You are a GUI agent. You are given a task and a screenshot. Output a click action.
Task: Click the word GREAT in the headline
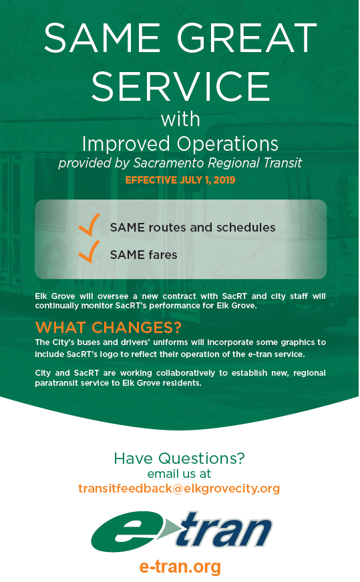246,37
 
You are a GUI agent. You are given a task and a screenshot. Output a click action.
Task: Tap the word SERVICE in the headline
180,86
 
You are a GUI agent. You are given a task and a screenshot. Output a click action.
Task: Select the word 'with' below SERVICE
180,119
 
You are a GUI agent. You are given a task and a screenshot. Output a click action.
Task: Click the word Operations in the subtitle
227,143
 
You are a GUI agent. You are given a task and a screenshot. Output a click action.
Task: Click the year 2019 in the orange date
224,180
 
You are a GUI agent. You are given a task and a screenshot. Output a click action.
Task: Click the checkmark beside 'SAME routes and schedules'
89,225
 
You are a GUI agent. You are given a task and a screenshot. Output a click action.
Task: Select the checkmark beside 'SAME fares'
89,252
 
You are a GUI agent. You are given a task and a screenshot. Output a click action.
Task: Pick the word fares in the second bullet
162,255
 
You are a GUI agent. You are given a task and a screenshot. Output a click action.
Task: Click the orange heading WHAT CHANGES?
108,327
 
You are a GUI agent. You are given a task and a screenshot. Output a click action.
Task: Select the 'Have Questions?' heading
180,458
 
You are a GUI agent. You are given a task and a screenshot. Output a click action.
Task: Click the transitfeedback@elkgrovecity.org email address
179,489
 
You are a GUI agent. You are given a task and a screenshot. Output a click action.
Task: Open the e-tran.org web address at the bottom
180,567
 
